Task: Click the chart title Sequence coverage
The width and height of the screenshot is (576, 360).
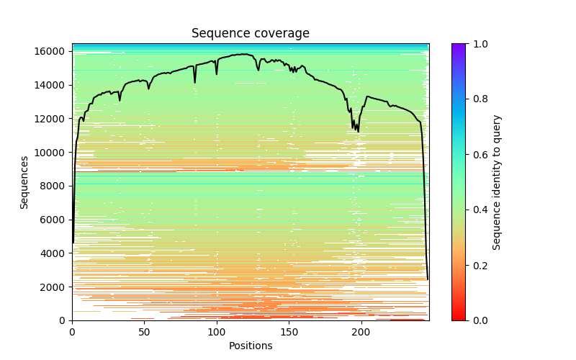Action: (x=251, y=34)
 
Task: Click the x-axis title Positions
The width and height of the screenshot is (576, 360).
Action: (x=251, y=346)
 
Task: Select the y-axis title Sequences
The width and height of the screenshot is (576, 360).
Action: (x=24, y=182)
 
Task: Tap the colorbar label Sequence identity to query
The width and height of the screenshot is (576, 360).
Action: (x=497, y=182)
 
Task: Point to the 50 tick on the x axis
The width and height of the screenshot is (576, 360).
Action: (x=144, y=332)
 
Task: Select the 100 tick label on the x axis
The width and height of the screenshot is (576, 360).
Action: (x=217, y=332)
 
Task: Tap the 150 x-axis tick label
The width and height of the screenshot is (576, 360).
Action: (x=289, y=332)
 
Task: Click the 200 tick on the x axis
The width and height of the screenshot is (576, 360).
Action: (x=361, y=332)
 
